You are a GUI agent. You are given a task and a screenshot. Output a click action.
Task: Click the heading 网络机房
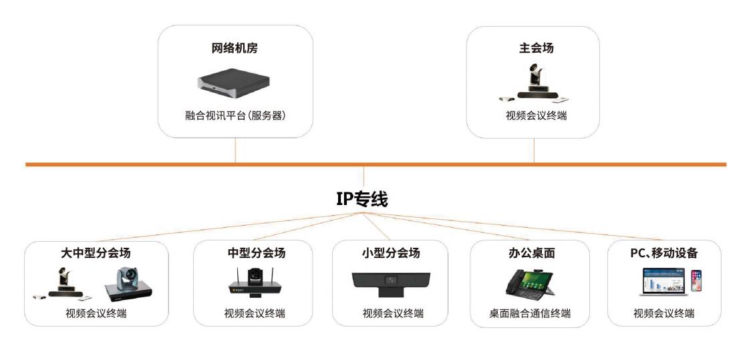point(235,48)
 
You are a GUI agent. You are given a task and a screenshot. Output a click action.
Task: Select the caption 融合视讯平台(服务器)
point(235,116)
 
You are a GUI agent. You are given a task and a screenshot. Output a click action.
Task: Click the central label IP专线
point(362,198)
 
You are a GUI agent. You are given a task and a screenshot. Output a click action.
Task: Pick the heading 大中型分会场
point(96,252)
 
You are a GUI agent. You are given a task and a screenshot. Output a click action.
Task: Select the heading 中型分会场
point(257,253)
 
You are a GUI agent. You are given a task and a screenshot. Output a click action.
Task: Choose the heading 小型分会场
point(391,253)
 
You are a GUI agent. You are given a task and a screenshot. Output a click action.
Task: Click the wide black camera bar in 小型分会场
point(391,282)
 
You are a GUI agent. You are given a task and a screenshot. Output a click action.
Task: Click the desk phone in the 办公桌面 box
point(529,283)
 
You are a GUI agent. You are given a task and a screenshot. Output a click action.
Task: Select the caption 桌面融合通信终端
point(530,313)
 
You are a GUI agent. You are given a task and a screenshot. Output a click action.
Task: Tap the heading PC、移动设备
point(664,253)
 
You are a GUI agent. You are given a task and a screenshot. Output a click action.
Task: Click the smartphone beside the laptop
point(696,281)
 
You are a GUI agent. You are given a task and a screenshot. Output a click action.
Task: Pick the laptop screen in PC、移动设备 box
point(663,280)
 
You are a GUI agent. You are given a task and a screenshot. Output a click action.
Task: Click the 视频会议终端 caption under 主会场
point(537,116)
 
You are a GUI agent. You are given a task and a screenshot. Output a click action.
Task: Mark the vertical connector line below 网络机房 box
point(235,150)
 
